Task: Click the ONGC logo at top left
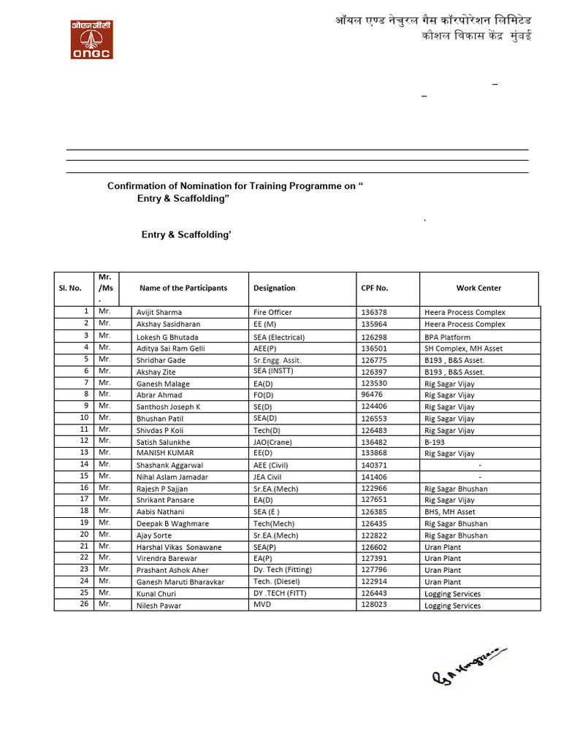pos(91,39)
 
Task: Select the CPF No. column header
pos(375,288)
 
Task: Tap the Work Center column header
pos(478,288)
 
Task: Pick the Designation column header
pos(274,288)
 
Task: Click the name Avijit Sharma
pos(159,313)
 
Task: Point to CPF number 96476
pos(372,394)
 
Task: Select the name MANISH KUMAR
pos(165,454)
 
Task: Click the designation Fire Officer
pos(272,313)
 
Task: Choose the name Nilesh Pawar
pos(159,606)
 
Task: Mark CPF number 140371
pos(375,465)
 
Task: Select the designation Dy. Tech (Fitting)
pos(286,570)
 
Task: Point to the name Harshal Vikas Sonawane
pos(179,547)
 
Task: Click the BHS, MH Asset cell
pos(449,512)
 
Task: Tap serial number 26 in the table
pos(84,604)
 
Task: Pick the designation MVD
pos(262,606)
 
